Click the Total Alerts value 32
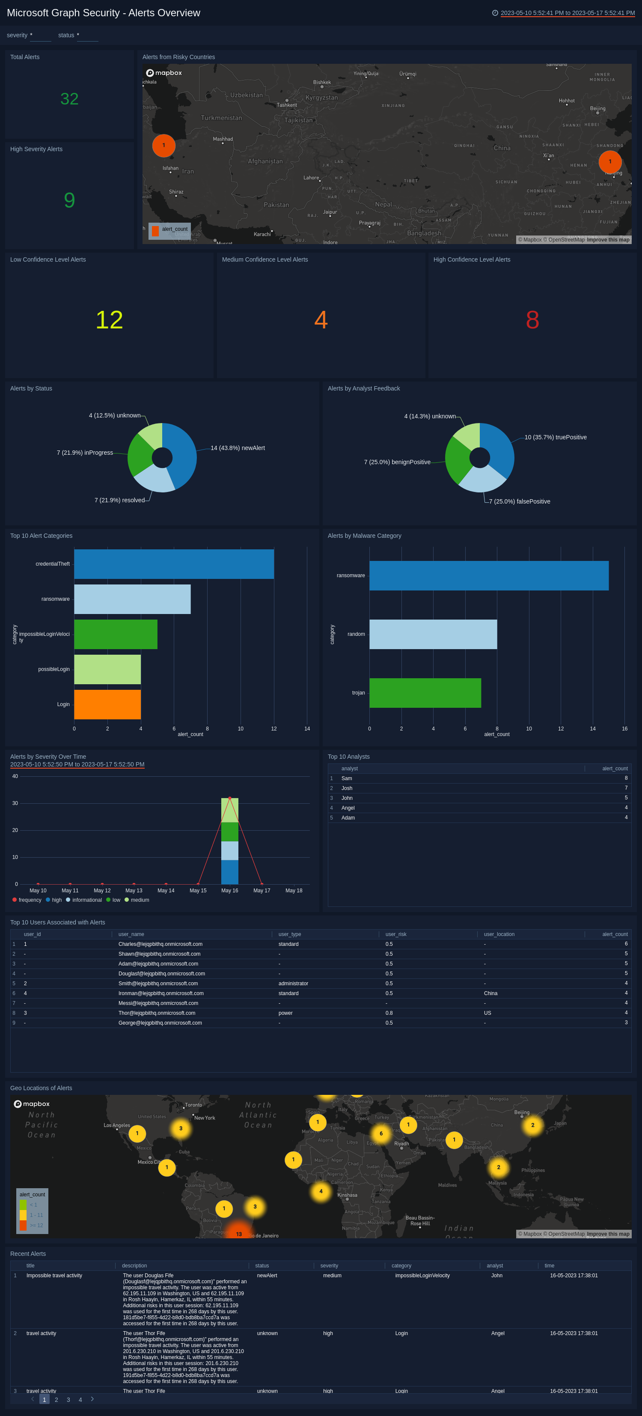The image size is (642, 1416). point(69,99)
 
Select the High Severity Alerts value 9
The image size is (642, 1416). point(69,200)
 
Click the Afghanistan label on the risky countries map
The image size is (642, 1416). point(265,161)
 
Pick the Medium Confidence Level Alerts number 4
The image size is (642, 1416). point(321,320)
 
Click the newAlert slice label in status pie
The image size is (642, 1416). point(238,448)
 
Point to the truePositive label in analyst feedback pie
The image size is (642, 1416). point(555,438)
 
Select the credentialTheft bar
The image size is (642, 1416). point(174,564)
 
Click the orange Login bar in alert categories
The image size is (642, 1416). point(107,704)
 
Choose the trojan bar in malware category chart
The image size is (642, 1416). point(425,693)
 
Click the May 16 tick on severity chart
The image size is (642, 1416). point(230,891)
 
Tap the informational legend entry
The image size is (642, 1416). point(86,900)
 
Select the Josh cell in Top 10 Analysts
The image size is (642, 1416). point(347,788)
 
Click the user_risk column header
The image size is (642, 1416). point(396,934)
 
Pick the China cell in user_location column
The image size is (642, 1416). point(490,993)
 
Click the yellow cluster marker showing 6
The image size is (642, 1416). point(381,1133)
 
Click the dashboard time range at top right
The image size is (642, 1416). point(567,13)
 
